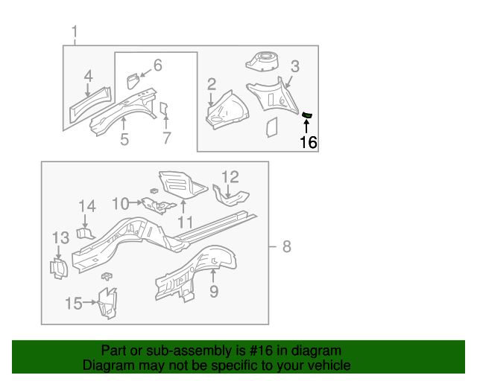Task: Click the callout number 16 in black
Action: click(x=308, y=142)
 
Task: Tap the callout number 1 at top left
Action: click(x=75, y=31)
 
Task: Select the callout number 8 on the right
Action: click(x=286, y=247)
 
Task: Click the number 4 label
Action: click(x=88, y=75)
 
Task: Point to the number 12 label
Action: click(x=230, y=176)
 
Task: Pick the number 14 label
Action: click(x=87, y=206)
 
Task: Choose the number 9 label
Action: click(x=213, y=291)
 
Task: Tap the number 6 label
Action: click(x=157, y=65)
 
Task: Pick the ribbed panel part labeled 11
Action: click(x=177, y=184)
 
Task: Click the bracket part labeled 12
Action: click(x=230, y=196)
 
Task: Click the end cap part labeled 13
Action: click(x=57, y=267)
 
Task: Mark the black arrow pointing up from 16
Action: click(x=307, y=126)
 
